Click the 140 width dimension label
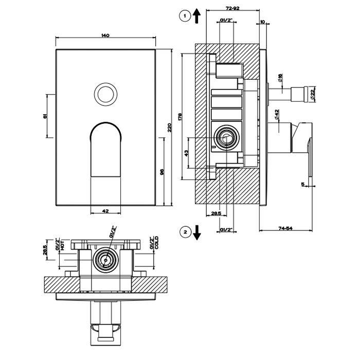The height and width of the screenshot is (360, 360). pos(105,35)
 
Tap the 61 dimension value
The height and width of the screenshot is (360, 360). pos(45,116)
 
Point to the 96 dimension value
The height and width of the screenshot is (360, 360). pos(161,172)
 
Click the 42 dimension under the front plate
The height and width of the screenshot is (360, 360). pos(105,211)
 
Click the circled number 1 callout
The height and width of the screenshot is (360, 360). pos(184,16)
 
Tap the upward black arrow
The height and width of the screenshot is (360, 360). pos(197,16)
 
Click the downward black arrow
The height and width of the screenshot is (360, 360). pos(197,233)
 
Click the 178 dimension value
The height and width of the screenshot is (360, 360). pos(179,117)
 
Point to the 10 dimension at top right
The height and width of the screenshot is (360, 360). pos(262,22)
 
